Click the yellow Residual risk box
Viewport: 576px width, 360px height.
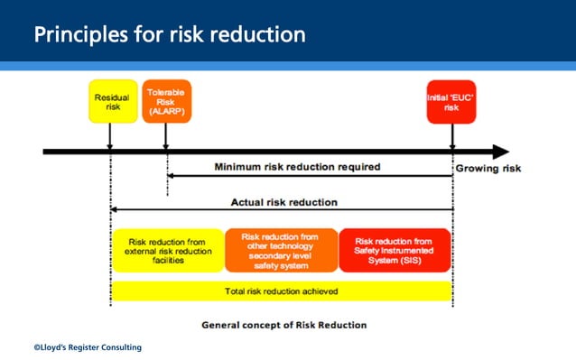[112, 102]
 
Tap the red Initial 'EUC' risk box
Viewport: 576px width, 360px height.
[451, 102]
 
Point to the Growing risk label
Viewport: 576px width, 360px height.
[488, 169]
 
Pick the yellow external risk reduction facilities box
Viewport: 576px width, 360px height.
[167, 250]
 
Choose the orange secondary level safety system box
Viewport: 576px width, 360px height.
[281, 250]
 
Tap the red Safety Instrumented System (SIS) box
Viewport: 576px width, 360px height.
[395, 250]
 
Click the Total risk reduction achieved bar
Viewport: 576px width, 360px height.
[281, 291]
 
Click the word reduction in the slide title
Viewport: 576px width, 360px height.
[260, 35]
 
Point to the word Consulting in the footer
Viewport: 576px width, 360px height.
[120, 346]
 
